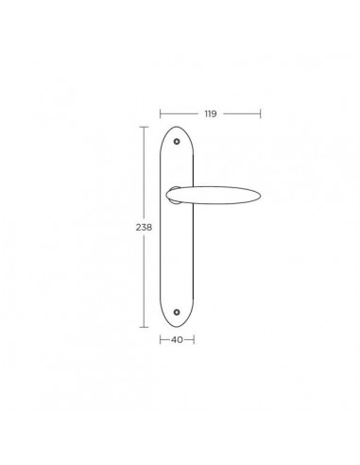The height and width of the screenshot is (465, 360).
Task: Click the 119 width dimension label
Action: pos(211,113)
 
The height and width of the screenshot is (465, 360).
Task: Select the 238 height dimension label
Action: pos(144,227)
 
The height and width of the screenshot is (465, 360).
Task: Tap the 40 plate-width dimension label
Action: pos(177,340)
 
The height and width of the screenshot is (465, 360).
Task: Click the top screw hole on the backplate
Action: pos(177,142)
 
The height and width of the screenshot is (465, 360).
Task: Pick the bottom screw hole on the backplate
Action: pos(177,312)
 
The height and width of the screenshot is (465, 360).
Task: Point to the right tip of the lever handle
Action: pos(261,196)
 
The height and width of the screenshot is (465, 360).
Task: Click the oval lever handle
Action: pos(214,196)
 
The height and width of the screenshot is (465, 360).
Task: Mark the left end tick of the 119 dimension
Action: pos(160,113)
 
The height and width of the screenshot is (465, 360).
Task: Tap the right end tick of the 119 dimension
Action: pos(261,113)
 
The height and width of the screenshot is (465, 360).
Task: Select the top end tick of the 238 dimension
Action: pos(144,127)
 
